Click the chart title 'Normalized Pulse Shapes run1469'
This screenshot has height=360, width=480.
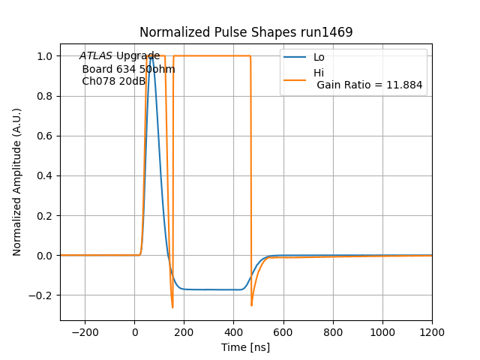click(x=246, y=32)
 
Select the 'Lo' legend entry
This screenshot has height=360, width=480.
click(x=319, y=58)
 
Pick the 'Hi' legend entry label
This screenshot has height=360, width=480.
click(x=319, y=73)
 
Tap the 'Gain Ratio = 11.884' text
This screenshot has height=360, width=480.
click(x=369, y=85)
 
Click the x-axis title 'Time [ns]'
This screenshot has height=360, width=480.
click(x=246, y=347)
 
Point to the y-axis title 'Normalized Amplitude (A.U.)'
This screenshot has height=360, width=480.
click(x=17, y=181)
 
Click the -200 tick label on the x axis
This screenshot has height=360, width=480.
click(x=85, y=332)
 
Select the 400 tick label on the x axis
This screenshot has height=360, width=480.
click(x=234, y=332)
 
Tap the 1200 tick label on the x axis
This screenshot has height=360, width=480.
click(x=432, y=332)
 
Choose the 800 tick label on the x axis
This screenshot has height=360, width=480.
click(x=333, y=332)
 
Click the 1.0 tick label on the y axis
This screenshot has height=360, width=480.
click(x=43, y=56)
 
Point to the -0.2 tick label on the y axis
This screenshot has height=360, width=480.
click(x=40, y=295)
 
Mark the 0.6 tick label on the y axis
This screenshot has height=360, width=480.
click(x=43, y=136)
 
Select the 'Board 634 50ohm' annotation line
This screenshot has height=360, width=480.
click(x=128, y=69)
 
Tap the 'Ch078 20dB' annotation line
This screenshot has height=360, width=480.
click(x=113, y=81)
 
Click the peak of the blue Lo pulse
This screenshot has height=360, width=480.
click(x=151, y=56)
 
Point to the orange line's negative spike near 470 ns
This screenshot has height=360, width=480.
click(x=251, y=304)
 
